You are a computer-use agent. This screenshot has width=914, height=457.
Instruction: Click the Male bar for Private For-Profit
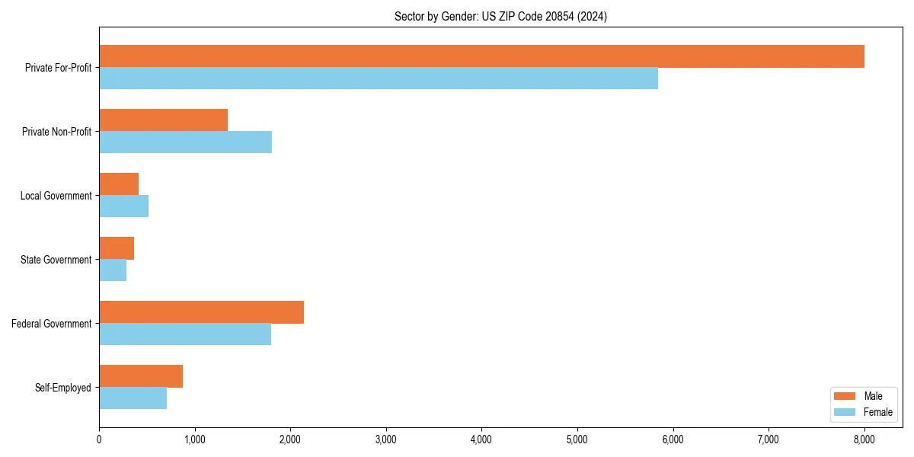coord(481,56)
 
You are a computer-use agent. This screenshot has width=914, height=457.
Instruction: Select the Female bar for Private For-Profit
coord(379,78)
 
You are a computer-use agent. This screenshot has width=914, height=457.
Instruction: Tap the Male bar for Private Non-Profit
coord(163,120)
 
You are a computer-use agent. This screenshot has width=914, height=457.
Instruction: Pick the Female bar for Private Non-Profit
coord(185,142)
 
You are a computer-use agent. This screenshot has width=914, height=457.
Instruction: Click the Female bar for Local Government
coord(123,206)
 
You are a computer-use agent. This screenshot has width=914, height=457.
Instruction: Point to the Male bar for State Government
coord(117,248)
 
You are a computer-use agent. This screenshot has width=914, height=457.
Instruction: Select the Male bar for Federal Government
coord(201,312)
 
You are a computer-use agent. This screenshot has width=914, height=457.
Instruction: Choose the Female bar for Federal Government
coord(185,334)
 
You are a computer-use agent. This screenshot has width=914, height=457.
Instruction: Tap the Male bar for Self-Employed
coord(141,376)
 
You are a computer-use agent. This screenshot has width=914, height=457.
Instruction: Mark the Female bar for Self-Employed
coord(133,398)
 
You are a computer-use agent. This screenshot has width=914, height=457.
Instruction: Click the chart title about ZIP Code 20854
coord(500,16)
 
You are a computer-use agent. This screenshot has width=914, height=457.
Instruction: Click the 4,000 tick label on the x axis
coord(481,439)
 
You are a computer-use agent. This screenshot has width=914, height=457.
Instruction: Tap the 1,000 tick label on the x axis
coord(195,439)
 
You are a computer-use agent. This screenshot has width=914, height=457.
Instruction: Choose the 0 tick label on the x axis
coord(99,439)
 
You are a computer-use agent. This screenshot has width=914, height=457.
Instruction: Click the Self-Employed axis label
coord(62,388)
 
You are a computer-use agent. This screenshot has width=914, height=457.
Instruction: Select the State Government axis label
coord(56,260)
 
